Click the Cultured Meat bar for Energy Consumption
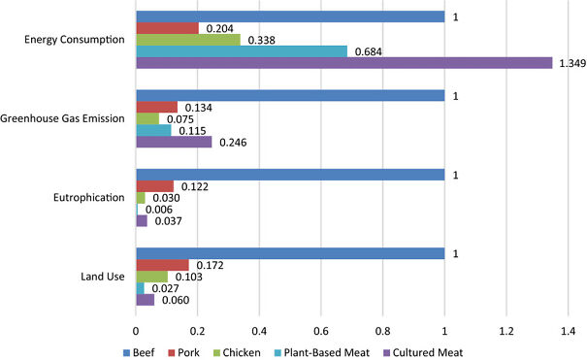[343, 63]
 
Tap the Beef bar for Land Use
[290, 254]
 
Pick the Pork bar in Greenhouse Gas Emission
[156, 107]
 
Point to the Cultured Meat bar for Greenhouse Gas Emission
[174, 142]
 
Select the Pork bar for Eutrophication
[154, 185]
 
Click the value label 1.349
[569, 64]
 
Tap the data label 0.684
[366, 52]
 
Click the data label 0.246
[231, 143]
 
